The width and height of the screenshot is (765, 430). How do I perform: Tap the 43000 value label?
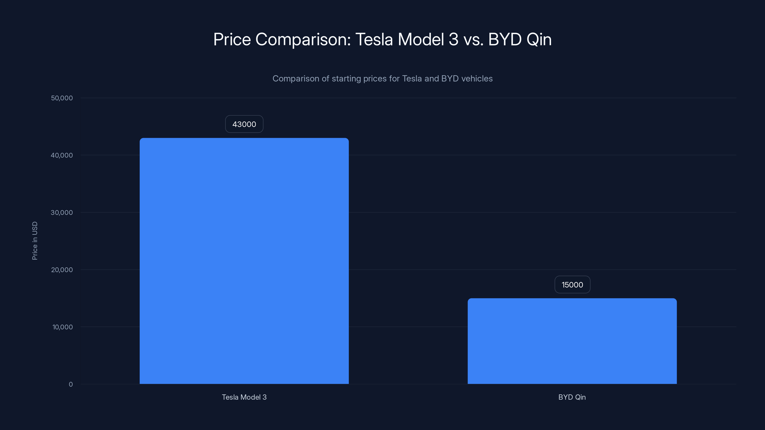click(x=244, y=124)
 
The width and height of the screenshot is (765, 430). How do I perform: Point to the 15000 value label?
click(x=572, y=285)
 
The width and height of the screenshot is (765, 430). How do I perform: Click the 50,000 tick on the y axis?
click(x=62, y=98)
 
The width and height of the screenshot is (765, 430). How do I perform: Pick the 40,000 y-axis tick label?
click(x=62, y=155)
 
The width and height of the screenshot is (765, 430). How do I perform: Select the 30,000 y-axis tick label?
click(x=62, y=212)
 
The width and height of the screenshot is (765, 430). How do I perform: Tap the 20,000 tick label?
click(x=62, y=270)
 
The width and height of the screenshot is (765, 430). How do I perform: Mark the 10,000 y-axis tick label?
click(x=62, y=327)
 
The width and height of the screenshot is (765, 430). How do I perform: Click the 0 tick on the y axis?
click(x=71, y=384)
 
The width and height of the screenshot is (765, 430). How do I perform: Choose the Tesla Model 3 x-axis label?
click(x=244, y=397)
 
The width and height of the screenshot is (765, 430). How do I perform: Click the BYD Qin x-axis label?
click(x=572, y=397)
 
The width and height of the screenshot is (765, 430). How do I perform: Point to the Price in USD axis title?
click(x=35, y=241)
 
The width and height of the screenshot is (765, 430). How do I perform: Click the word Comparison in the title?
click(x=303, y=39)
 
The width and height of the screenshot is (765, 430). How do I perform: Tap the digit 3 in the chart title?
click(x=454, y=39)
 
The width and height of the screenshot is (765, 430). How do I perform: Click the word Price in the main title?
click(x=232, y=39)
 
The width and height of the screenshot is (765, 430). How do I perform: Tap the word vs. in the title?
click(x=473, y=39)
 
